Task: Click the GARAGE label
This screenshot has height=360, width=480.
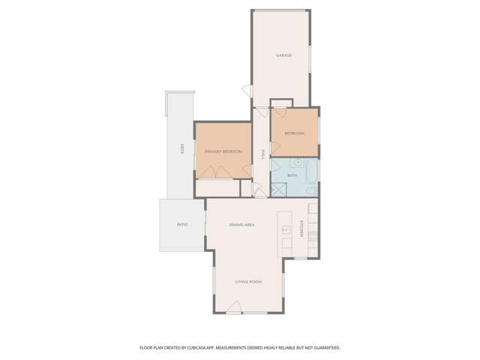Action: pos(283,55)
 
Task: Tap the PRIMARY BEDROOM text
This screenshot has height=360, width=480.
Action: pos(223,151)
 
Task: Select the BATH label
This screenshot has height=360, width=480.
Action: pos(292,175)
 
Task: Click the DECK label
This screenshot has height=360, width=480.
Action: pos(182,148)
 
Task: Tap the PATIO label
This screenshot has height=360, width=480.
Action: pos(181,224)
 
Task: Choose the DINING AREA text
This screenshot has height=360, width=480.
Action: pos(242,224)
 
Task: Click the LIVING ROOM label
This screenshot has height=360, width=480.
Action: pos(247,281)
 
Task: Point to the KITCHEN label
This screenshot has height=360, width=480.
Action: pos(302,228)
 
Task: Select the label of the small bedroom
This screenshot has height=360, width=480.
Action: pos(294,133)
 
